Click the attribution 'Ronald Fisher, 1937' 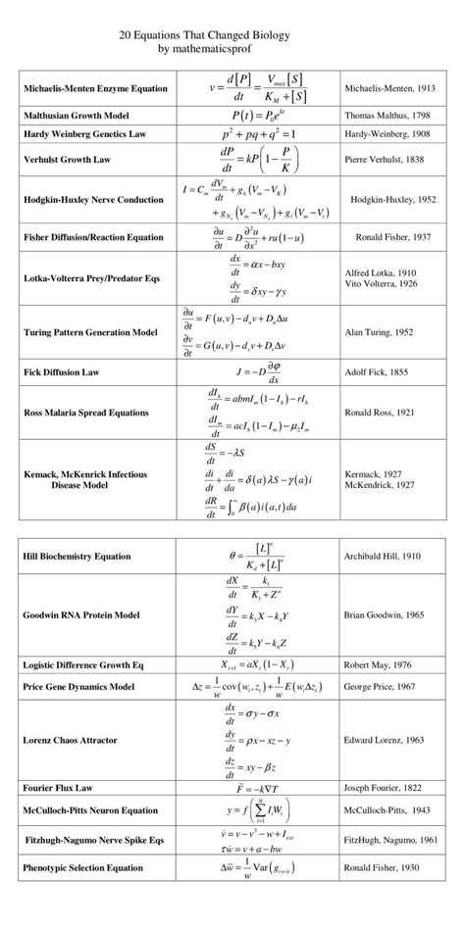point(392,236)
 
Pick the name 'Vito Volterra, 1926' point(383,282)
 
